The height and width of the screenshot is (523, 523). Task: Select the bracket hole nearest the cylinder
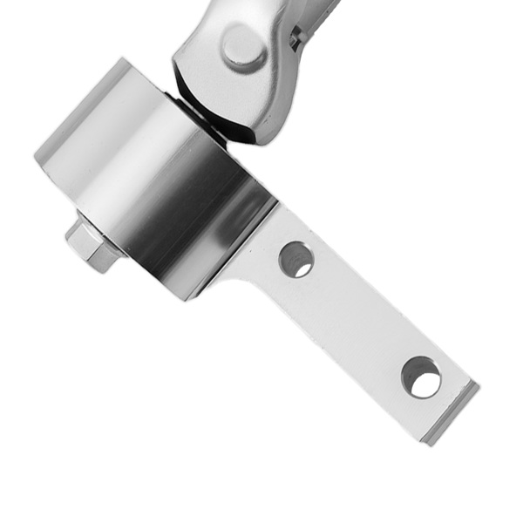(x=295, y=259)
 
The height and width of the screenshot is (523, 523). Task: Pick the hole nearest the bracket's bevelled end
(x=420, y=377)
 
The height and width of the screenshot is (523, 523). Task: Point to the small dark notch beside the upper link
(x=296, y=37)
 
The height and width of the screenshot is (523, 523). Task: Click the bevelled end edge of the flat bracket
(x=453, y=415)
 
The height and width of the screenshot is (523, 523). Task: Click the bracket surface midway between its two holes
(x=357, y=318)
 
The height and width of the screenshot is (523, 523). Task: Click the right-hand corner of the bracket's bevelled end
(x=478, y=384)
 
